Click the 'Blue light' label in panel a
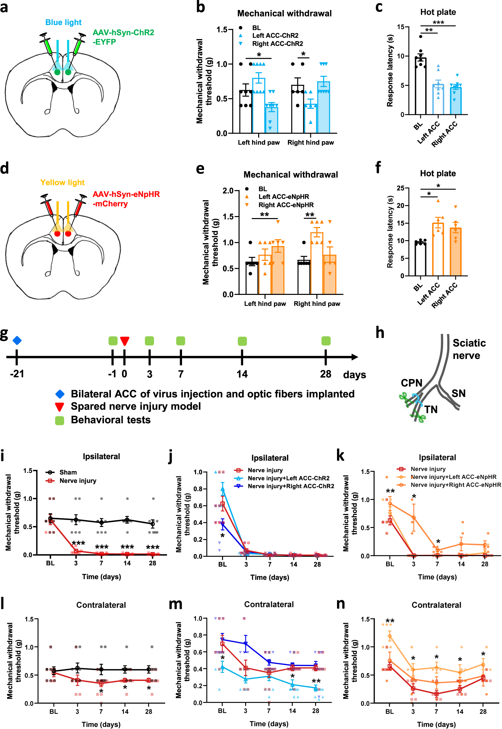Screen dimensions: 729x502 point(63,22)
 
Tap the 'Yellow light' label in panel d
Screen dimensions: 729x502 point(62,182)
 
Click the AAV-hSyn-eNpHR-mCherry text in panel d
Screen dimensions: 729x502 point(126,199)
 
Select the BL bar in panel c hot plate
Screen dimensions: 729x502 point(421,87)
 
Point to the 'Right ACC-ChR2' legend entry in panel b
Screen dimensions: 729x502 point(277,44)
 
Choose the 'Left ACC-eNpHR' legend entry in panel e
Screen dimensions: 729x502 point(284,197)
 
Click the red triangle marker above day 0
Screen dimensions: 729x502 point(125,341)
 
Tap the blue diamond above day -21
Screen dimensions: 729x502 point(17,341)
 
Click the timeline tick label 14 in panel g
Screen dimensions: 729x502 point(242,374)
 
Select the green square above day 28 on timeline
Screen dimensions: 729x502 point(326,341)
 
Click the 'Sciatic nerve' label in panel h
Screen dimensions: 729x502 point(469,349)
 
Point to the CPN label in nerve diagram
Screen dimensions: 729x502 point(411,383)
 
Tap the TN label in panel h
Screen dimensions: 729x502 point(431,409)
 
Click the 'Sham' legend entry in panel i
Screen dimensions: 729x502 point(68,472)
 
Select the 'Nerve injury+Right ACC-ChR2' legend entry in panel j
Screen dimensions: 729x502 point(291,486)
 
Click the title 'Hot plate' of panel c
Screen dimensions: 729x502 point(438,12)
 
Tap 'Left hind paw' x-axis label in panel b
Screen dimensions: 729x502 point(259,143)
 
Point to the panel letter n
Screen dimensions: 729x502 point(340,604)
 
